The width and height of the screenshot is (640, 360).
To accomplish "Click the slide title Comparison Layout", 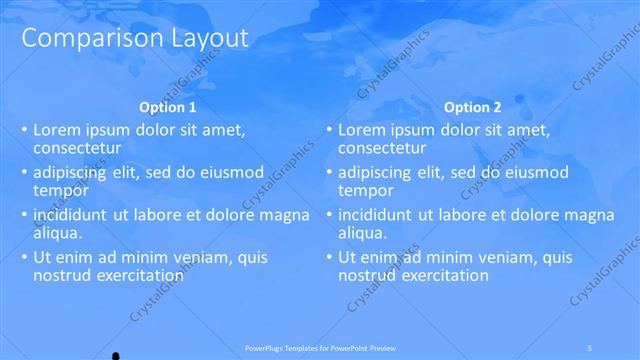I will (135, 38).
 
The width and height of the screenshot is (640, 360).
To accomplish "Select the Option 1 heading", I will (166, 107).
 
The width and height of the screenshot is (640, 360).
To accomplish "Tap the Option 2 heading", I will (473, 107).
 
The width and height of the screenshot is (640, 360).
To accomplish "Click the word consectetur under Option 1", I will (78, 149).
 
